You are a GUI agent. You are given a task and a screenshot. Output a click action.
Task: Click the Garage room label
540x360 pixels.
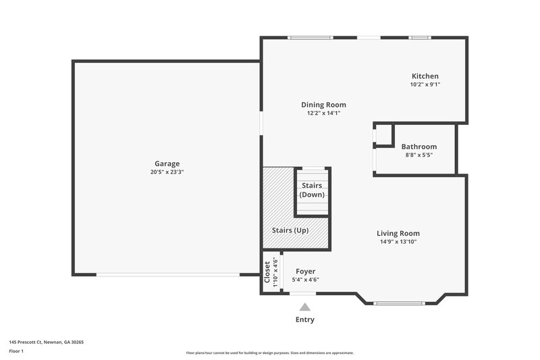[167, 163]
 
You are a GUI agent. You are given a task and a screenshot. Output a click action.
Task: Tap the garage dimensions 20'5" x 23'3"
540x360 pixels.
[167, 172]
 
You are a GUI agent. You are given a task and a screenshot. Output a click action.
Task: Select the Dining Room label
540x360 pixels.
[323, 105]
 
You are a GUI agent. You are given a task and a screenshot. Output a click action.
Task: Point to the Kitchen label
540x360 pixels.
[425, 76]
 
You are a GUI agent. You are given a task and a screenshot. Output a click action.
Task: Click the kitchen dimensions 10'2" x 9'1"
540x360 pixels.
[425, 85]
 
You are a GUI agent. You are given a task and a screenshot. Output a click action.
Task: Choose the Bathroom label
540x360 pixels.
[418, 147]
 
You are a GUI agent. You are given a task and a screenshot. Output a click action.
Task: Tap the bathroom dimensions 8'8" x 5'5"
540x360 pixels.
[418, 155]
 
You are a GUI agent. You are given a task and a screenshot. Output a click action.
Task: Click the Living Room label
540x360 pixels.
[398, 233]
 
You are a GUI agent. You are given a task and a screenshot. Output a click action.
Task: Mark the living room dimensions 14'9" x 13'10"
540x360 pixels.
[398, 241]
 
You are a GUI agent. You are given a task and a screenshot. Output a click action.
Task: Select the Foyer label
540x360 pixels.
[305, 272]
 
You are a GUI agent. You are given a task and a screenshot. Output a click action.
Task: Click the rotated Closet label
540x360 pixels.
[267, 272]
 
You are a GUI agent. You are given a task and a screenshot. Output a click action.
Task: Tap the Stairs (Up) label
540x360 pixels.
[290, 230]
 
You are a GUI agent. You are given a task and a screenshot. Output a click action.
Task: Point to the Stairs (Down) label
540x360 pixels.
[312, 190]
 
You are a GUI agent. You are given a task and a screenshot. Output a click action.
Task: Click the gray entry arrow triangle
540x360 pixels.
[305, 307]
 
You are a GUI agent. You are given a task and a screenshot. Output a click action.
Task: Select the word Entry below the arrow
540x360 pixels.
[305, 319]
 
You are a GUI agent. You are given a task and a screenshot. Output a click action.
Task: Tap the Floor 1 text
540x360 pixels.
[16, 351]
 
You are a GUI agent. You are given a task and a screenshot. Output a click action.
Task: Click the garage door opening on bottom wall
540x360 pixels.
[167, 274]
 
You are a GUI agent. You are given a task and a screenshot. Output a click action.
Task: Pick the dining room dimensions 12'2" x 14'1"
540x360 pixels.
[323, 113]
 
